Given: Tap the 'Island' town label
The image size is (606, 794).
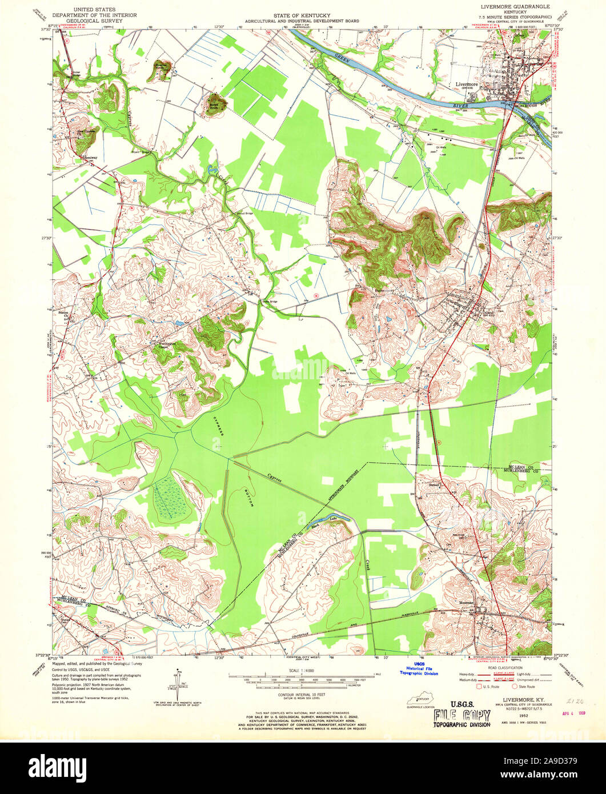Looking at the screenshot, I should point(489,312).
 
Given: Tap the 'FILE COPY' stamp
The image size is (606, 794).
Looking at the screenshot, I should point(462,715).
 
